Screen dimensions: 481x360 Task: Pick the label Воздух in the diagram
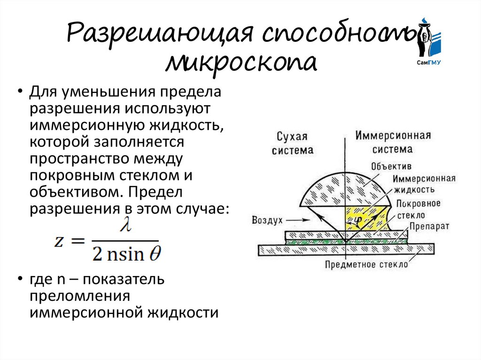pyautogui.click(x=266, y=220)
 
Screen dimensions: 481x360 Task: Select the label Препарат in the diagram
pyautogui.click(x=429, y=226)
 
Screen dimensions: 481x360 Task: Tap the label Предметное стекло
pyautogui.click(x=366, y=265)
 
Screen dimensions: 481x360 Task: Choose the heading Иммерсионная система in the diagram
pyautogui.click(x=393, y=143)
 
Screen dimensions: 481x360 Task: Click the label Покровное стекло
pyautogui.click(x=418, y=209)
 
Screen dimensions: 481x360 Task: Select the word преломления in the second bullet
pyautogui.click(x=79, y=296)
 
